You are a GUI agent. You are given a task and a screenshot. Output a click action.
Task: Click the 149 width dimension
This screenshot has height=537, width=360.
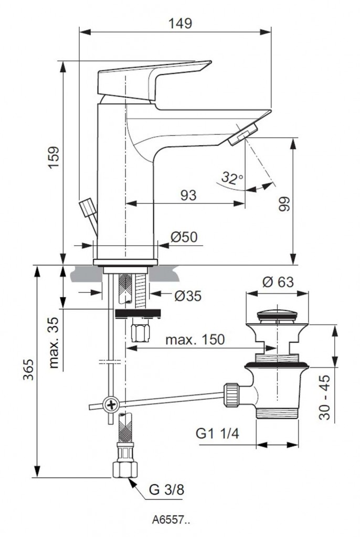pos(181,23)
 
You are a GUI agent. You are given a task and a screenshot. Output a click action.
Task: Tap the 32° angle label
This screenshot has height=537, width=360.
pos(231,177)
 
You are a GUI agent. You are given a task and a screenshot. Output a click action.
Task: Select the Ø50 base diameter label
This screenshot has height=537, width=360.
pos(184,237)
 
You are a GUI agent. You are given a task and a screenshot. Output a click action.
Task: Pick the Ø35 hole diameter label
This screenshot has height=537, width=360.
pos(188,296)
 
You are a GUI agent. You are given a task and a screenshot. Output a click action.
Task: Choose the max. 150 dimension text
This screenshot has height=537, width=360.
pos(195,339)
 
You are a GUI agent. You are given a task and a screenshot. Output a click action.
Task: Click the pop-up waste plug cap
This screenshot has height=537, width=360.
pos(277,316)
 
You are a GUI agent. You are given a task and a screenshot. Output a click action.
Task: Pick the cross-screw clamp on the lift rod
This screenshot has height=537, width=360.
pos(111,404)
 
